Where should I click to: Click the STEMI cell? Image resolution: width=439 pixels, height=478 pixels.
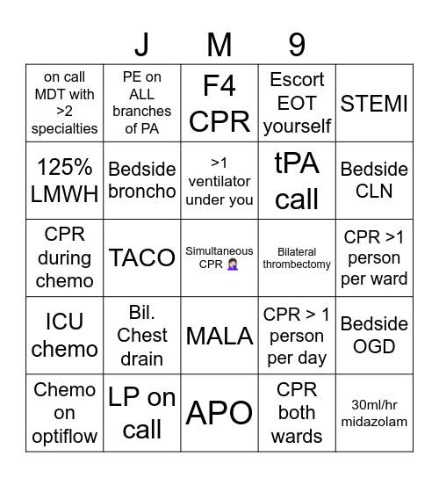pos(374,104)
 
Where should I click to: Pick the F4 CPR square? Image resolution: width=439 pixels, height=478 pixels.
pos(219,104)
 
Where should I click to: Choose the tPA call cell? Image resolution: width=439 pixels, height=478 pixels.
pos(297,181)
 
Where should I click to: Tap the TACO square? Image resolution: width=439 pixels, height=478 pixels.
pos(141,257)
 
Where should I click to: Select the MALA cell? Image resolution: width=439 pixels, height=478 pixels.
pos(219,335)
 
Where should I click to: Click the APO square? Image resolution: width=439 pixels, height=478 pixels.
pos(219,412)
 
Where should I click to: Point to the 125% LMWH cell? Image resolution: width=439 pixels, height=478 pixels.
pos(64,181)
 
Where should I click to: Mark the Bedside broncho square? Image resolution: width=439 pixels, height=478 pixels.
pos(141,181)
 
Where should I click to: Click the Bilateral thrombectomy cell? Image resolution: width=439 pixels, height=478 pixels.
pos(297,257)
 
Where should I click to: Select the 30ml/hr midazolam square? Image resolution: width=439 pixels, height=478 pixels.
pos(374,412)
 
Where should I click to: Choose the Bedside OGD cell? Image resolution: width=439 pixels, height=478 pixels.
pos(374,335)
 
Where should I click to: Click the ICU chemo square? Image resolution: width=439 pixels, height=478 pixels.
pos(64,335)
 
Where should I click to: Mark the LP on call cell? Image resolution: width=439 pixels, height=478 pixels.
pos(141,412)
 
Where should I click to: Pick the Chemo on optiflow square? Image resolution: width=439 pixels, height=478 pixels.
pos(64,412)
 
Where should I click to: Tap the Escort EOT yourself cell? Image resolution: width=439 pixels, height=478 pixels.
pos(297,104)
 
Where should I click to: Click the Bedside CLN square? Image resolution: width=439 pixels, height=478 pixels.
pos(374,181)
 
